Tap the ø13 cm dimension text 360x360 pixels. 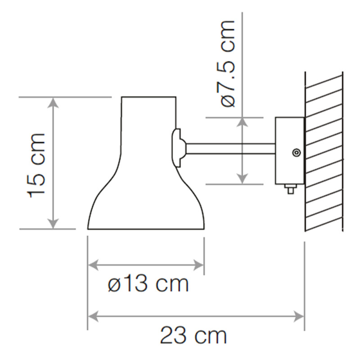pyautogui.click(x=148, y=284)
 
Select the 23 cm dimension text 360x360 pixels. pyautogui.click(x=193, y=336)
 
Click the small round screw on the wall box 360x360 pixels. pyautogui.click(x=296, y=153)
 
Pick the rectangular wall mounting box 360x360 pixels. pyautogui.click(x=289, y=150)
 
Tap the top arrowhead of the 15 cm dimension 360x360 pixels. pyautogui.click(x=54, y=103)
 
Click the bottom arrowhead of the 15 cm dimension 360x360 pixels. pyautogui.click(x=54, y=223)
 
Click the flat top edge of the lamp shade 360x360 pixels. pyautogui.click(x=148, y=97)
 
